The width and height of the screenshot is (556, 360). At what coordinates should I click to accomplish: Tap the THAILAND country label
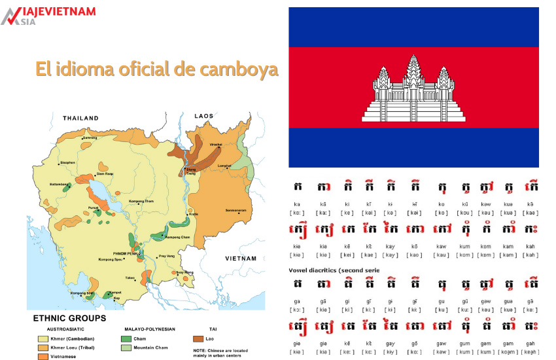coord(80,118)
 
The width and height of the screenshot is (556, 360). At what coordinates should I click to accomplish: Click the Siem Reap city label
coord(106,173)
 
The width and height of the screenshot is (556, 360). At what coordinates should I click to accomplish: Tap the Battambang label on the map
coord(58,185)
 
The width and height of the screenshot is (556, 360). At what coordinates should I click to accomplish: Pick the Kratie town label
coord(194,214)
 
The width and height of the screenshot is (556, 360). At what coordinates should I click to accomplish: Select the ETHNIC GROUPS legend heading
coord(70,318)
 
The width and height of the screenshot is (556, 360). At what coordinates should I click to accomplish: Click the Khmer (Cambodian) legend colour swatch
coord(43,338)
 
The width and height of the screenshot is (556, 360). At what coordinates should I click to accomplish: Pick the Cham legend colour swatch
coord(126,338)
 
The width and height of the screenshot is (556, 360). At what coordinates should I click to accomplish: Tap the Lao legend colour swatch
coord(200,338)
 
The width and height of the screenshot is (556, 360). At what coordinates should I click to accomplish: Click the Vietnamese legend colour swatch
coord(43,357)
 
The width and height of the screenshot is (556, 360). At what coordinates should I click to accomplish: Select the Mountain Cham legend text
coord(152,348)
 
